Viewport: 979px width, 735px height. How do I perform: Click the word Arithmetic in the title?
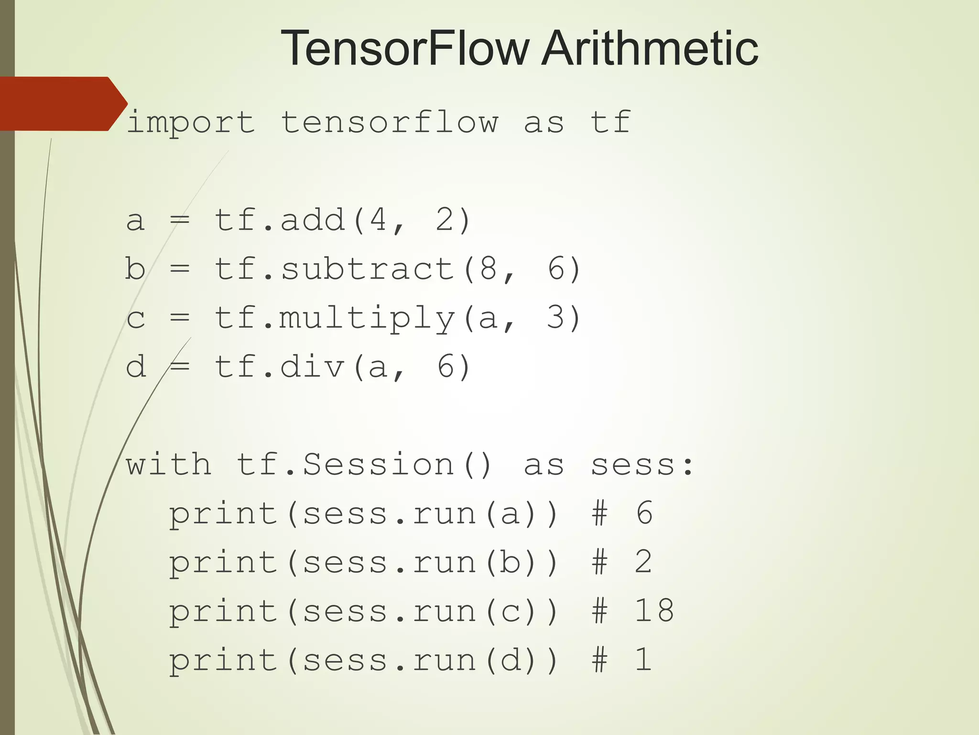point(650,48)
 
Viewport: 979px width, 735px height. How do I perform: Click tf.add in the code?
point(280,220)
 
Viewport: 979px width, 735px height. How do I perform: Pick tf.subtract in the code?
point(335,269)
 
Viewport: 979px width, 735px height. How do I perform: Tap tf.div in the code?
point(280,367)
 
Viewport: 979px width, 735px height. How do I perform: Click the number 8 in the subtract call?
point(488,268)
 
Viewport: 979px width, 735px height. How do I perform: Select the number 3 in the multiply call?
point(555,318)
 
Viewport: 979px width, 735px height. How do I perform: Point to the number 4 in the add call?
point(378,220)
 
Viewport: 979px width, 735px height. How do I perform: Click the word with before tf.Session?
point(168,465)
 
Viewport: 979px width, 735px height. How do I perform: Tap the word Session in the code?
point(378,465)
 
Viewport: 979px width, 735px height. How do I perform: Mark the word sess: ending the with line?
point(642,465)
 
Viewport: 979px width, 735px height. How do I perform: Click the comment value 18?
point(654,611)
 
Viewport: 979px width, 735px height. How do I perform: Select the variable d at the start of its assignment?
point(136,367)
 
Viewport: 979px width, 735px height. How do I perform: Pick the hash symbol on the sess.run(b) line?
point(599,562)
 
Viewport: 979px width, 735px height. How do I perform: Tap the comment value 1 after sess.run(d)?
point(643,660)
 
